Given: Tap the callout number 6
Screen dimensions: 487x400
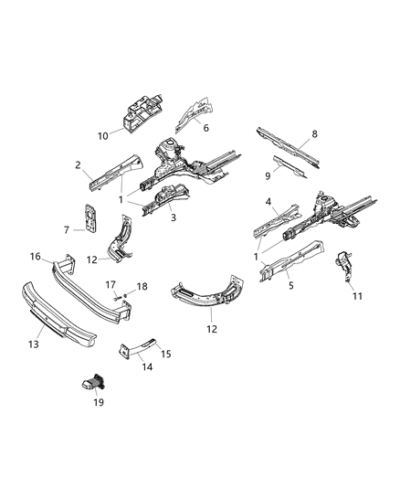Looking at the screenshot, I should tap(206, 128).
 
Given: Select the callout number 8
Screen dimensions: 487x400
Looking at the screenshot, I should tap(314, 135).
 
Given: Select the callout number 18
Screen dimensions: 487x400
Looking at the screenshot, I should tap(141, 287).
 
